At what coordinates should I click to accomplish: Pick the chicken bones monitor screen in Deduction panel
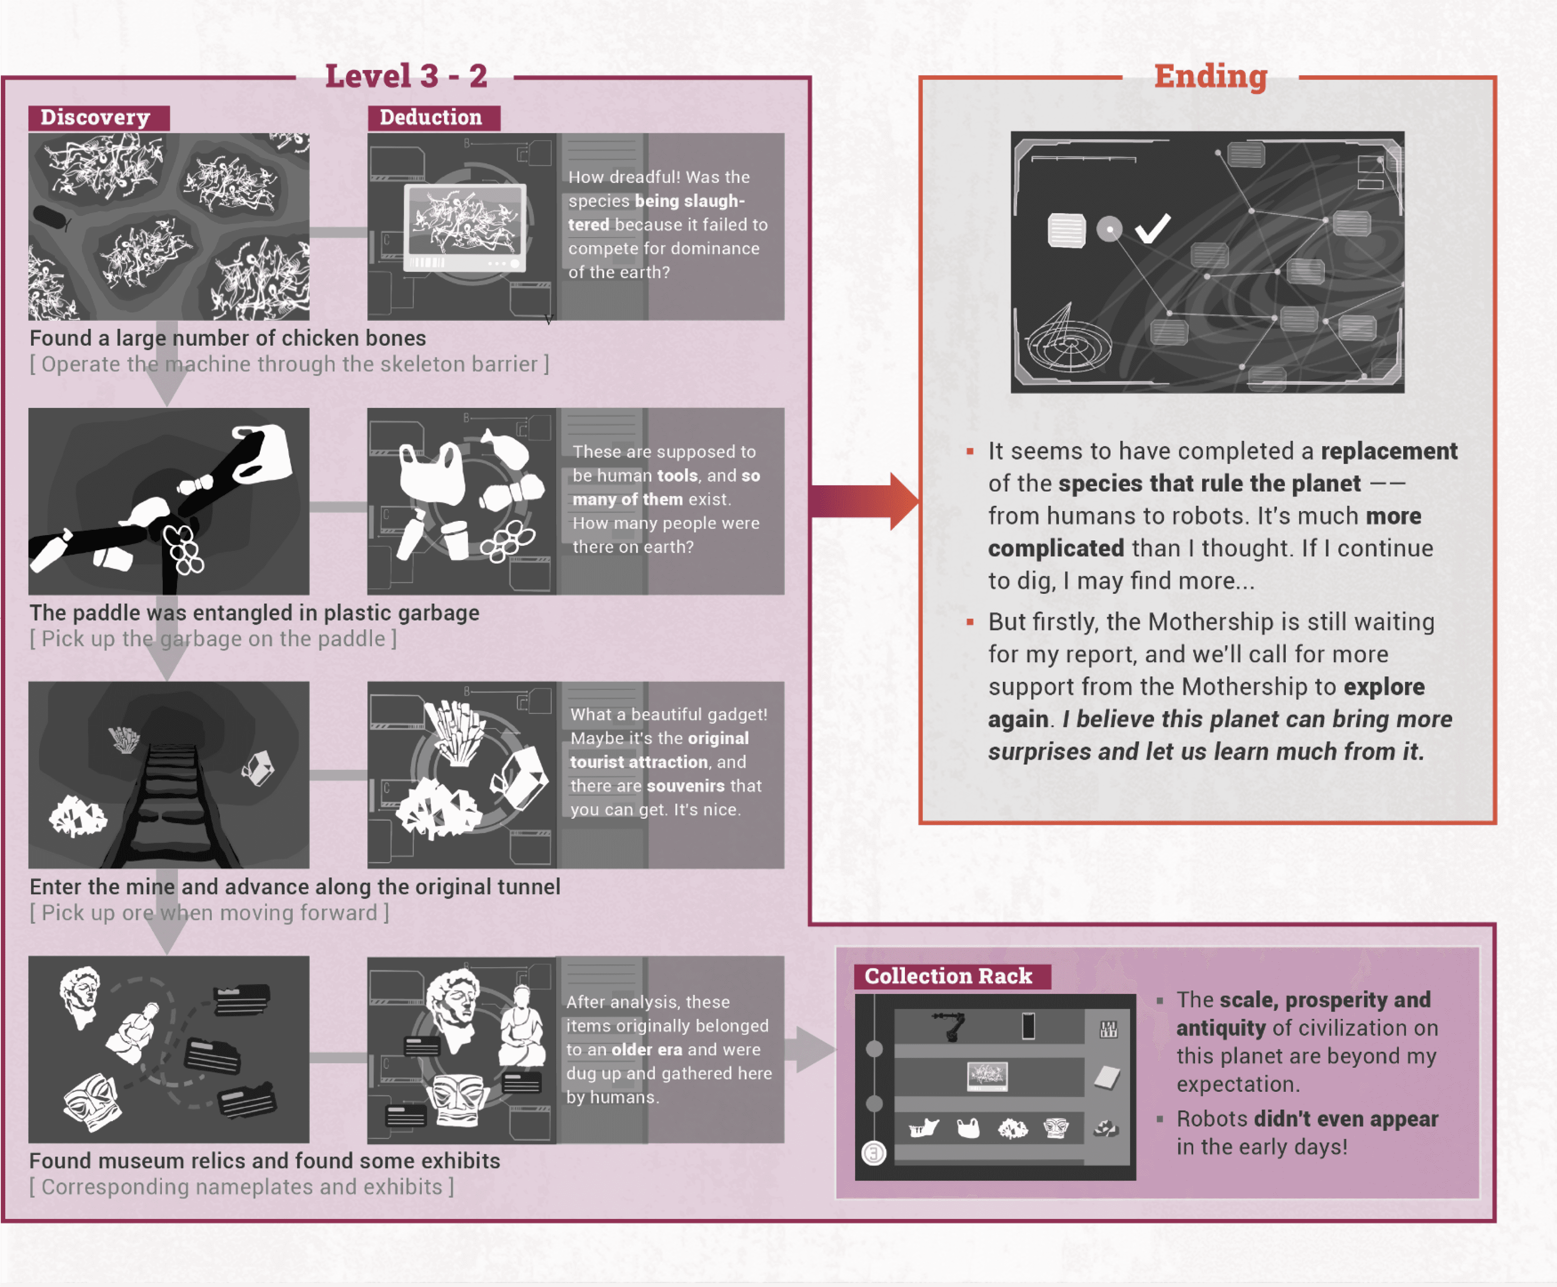point(465,223)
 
